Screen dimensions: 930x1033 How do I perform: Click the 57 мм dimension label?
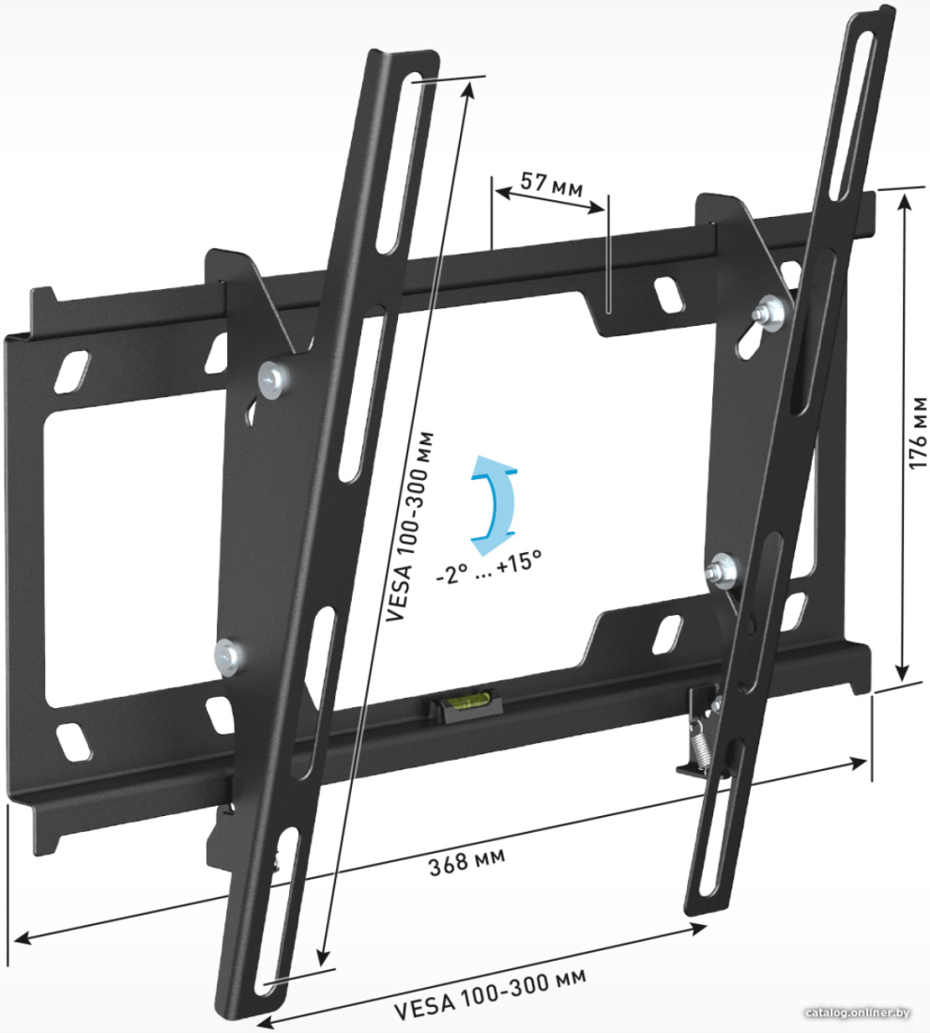[552, 184]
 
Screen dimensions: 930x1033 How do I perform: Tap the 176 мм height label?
[918, 433]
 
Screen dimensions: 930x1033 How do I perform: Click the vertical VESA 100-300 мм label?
[409, 527]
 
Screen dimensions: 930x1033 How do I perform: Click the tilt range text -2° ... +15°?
[489, 565]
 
